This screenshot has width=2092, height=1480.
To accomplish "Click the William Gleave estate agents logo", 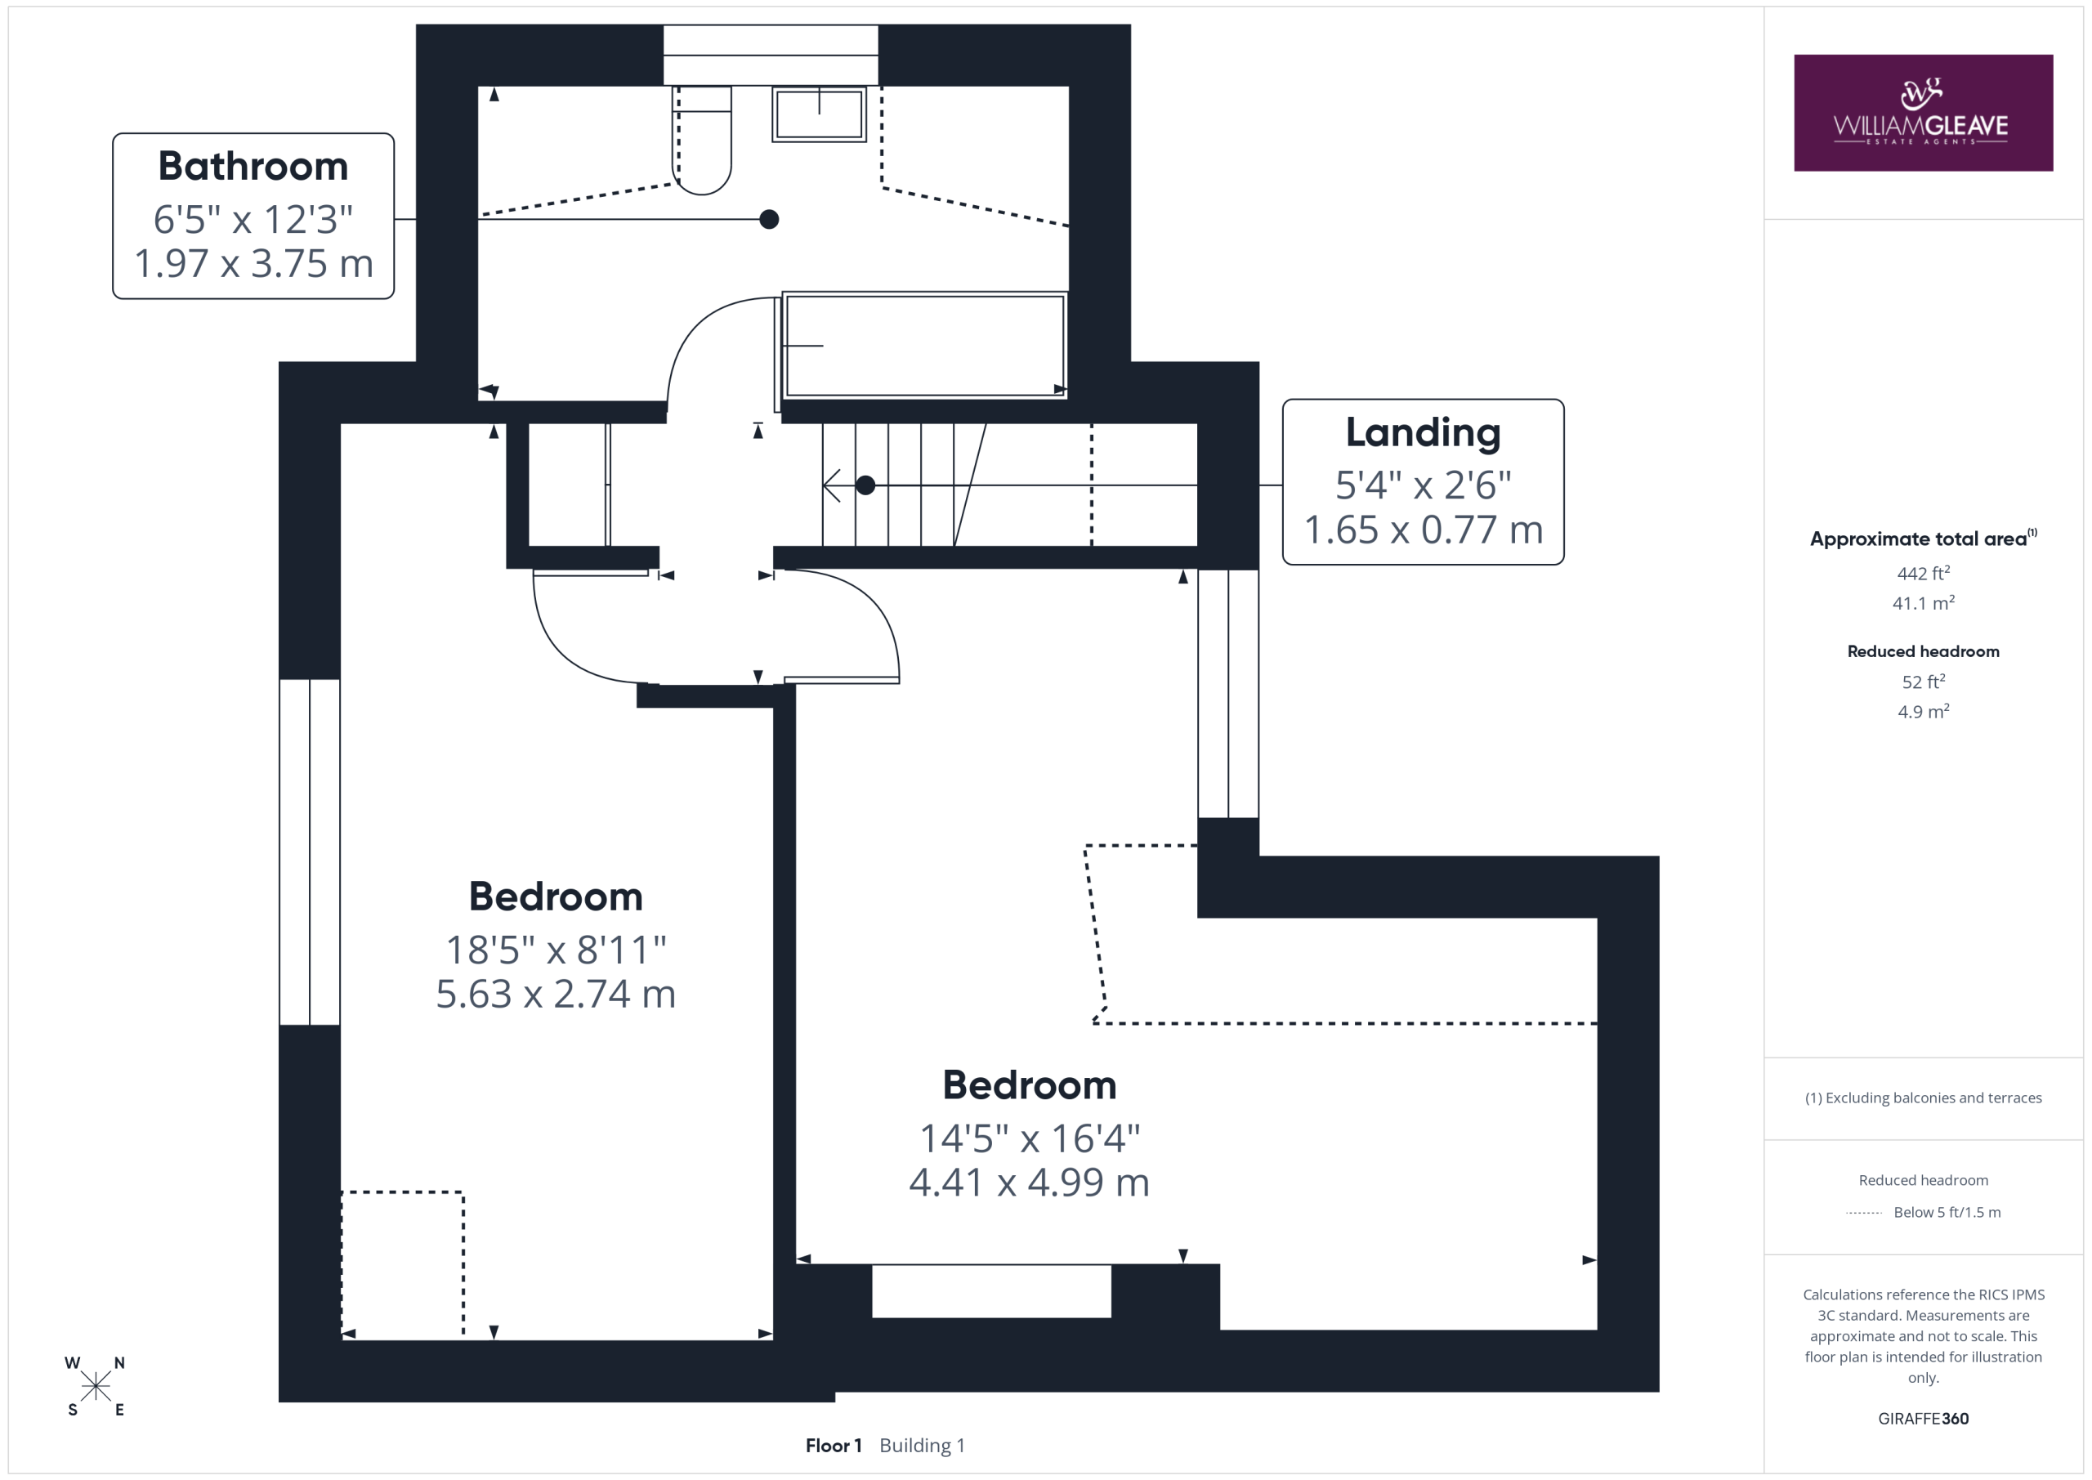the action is pyautogui.click(x=1923, y=112).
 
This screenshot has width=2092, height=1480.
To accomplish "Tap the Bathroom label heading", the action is pyautogui.click(x=253, y=166).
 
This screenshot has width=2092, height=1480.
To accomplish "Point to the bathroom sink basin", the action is pyautogui.click(x=819, y=114).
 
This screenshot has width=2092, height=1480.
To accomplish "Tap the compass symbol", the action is pyautogui.click(x=95, y=1386).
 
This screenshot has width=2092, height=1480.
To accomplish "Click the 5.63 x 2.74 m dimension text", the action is pyautogui.click(x=556, y=994).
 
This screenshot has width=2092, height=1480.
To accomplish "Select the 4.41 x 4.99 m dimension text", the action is pyautogui.click(x=1029, y=1182).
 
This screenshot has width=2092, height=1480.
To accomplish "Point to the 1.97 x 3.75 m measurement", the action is pyautogui.click(x=253, y=263).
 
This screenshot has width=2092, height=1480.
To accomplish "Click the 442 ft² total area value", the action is pyautogui.click(x=1923, y=573).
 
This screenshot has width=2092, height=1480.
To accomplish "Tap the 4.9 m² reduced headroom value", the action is pyautogui.click(x=1923, y=712).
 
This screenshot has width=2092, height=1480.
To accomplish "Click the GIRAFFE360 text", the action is pyautogui.click(x=1923, y=1418).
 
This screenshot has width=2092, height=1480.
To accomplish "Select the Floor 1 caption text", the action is pyautogui.click(x=833, y=1446).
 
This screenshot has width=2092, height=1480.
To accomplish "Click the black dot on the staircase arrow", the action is pyautogui.click(x=865, y=485).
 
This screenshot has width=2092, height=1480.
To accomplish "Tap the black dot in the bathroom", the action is pyautogui.click(x=769, y=219).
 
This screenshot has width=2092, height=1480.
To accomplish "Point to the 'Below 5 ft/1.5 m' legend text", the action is pyautogui.click(x=1947, y=1212).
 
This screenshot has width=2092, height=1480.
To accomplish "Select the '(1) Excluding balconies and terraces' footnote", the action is pyautogui.click(x=1923, y=1098).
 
